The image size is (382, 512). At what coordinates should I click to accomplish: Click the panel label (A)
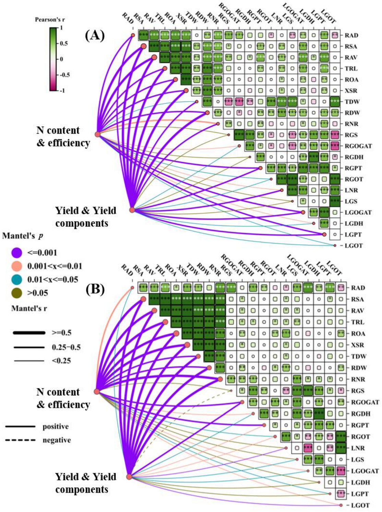[x=95, y=35]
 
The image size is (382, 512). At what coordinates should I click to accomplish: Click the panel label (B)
[x=95, y=289]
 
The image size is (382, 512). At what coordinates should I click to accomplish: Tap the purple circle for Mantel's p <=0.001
[x=16, y=253]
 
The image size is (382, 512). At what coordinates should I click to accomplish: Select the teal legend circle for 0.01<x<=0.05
[x=16, y=279]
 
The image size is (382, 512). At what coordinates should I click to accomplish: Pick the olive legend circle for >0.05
[x=16, y=293]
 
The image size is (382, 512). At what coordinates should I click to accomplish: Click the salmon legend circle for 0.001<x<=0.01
[x=16, y=266]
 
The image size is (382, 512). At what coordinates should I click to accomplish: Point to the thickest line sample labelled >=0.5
[x=29, y=333]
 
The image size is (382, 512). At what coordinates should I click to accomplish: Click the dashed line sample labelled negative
[x=20, y=440]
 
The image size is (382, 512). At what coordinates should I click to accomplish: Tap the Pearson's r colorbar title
[x=50, y=20]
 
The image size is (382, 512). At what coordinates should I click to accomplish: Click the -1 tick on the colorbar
[x=62, y=91]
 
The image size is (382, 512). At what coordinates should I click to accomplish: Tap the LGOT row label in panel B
[x=360, y=505]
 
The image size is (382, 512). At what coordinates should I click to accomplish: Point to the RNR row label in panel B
[x=358, y=379]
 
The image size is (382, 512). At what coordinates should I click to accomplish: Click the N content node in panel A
[x=98, y=134]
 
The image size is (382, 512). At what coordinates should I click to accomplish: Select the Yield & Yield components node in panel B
[x=129, y=477]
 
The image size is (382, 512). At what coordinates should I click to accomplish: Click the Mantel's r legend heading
[x=29, y=308]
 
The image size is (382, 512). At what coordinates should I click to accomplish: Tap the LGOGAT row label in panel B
[x=365, y=471]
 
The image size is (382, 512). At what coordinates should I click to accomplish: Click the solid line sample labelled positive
[x=20, y=426]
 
